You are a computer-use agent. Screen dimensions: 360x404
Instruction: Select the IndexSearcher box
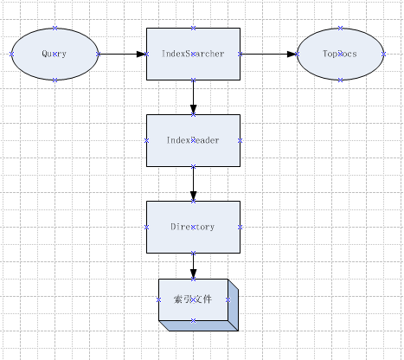(193, 54)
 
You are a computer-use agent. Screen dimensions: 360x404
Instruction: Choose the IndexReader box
(193, 140)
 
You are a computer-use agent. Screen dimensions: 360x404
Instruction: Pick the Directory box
(193, 227)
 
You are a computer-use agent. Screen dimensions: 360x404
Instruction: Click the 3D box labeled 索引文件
(192, 300)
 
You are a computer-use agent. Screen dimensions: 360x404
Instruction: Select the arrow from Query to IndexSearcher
(122, 54)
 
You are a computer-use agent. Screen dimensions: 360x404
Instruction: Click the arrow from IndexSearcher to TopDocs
(267, 54)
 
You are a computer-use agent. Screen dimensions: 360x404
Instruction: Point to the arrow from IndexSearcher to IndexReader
(193, 97)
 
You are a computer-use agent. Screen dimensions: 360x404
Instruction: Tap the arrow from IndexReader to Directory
(193, 183)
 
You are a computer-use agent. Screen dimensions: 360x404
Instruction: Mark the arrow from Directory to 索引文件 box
(193, 266)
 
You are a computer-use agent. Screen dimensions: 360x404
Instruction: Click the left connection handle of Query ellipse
(12, 54)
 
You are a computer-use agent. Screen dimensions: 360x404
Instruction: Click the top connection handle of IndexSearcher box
(193, 28)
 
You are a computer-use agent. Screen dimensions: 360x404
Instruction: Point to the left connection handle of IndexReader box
(147, 140)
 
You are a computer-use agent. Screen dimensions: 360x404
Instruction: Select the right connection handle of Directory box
(239, 227)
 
